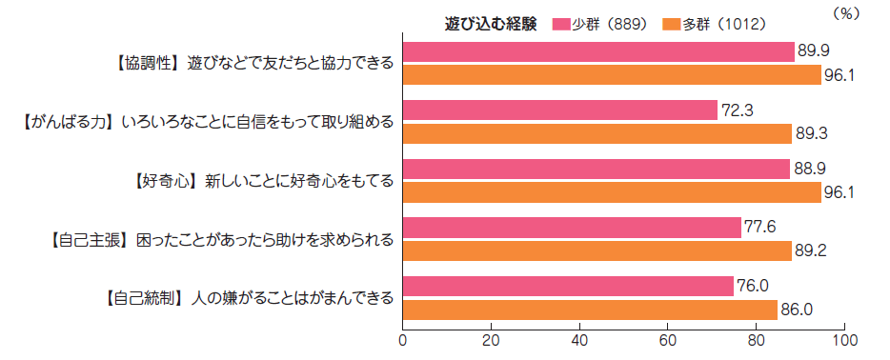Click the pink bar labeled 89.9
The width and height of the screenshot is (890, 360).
[x=598, y=51]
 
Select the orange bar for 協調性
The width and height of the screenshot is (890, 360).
[x=612, y=74]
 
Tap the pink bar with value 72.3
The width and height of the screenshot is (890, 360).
[x=560, y=110]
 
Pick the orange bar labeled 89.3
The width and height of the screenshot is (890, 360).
[x=597, y=133]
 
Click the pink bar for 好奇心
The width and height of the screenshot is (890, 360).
[x=597, y=169]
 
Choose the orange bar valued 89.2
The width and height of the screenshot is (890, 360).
[x=597, y=250]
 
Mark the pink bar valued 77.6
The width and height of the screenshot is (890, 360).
[x=572, y=228]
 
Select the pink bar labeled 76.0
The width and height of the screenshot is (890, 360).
[x=568, y=286]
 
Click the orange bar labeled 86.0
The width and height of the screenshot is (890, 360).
[x=590, y=309]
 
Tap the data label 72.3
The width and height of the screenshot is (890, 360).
[x=738, y=110]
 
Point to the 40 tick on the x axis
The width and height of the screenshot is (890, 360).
[x=579, y=340]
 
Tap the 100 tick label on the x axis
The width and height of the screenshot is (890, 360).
[x=844, y=340]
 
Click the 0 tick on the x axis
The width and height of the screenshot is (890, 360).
[x=403, y=340]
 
